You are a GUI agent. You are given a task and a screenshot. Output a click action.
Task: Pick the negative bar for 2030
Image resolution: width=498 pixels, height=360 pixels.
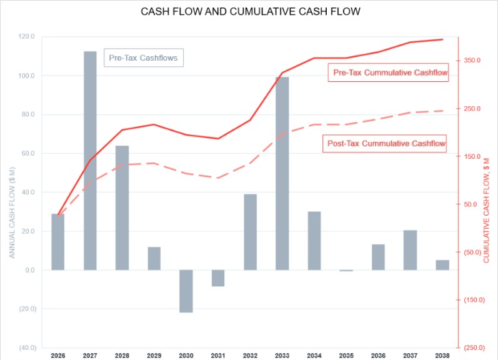(186, 291)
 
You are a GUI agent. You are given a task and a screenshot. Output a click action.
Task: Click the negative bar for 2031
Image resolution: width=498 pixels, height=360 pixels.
(218, 278)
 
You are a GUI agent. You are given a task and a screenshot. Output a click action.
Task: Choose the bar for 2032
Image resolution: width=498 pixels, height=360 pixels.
(250, 232)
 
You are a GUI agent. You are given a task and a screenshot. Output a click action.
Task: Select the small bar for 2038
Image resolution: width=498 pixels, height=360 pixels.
(442, 265)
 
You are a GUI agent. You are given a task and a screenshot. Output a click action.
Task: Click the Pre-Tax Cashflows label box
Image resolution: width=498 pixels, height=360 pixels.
(144, 58)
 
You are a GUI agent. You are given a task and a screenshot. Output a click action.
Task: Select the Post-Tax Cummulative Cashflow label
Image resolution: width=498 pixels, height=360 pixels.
(387, 144)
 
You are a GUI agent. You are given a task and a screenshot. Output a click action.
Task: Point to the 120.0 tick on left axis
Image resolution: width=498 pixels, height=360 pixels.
(27, 37)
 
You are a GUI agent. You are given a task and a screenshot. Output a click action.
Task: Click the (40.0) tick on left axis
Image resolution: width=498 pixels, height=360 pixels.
(26, 347)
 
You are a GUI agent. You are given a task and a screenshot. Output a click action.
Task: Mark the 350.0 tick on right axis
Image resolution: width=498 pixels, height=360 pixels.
(472, 61)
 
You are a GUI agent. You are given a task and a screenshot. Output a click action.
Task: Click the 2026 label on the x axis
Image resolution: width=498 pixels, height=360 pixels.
(57, 356)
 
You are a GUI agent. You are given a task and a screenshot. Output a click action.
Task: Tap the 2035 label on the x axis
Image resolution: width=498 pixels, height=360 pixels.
(346, 356)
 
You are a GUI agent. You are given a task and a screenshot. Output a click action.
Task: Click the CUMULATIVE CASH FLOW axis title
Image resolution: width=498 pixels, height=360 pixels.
(487, 209)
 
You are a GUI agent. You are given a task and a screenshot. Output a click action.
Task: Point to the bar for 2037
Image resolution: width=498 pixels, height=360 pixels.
(411, 250)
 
